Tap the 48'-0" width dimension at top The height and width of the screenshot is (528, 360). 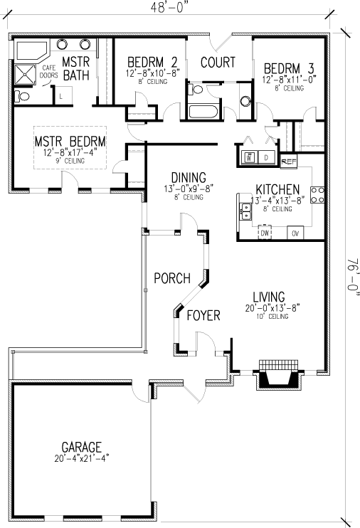[169, 9]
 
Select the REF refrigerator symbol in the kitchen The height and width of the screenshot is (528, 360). [288, 162]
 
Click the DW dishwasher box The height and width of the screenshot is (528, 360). [265, 233]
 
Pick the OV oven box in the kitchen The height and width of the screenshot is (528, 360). [295, 233]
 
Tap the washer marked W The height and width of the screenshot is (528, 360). [249, 157]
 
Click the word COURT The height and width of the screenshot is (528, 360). [218, 63]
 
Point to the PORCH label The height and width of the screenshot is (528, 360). [171, 278]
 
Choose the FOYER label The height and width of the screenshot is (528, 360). [203, 315]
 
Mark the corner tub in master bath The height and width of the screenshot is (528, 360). [30, 51]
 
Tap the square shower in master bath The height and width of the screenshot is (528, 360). [26, 74]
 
